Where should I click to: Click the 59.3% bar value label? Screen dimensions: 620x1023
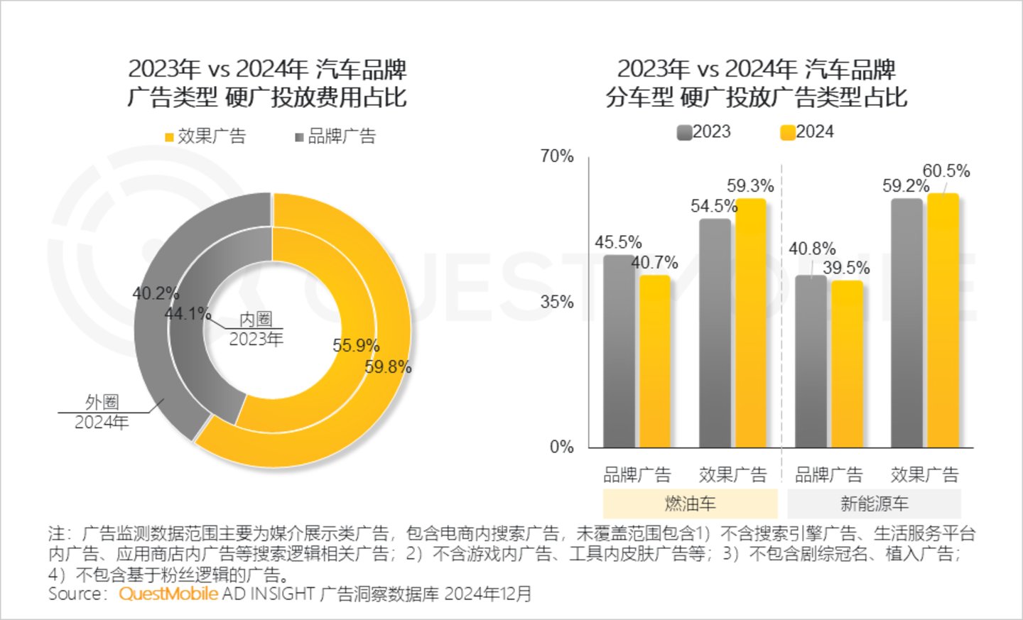749,186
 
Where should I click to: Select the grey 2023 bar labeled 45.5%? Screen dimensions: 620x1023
619,352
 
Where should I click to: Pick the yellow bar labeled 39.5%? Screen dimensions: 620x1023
847,364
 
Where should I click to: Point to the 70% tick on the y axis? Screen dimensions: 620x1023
557,156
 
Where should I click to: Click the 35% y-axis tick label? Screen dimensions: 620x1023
557,302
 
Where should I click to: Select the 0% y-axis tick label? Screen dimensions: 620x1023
561,447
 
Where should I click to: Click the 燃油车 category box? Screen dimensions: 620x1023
690,504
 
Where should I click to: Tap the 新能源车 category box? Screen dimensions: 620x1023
874,504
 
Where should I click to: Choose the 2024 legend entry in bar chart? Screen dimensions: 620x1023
807,132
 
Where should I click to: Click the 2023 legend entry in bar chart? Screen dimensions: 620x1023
703,132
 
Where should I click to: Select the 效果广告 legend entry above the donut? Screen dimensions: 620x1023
205,136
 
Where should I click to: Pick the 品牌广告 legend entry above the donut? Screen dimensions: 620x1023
335,136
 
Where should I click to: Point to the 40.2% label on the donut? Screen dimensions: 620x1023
155,293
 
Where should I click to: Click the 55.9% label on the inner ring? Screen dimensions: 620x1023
356,346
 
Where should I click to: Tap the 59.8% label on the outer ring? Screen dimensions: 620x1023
388,367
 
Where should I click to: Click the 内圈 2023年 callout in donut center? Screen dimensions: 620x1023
256,330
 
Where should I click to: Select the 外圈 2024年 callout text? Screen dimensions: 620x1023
102,412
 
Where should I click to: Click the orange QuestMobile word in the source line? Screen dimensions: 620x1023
168,594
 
